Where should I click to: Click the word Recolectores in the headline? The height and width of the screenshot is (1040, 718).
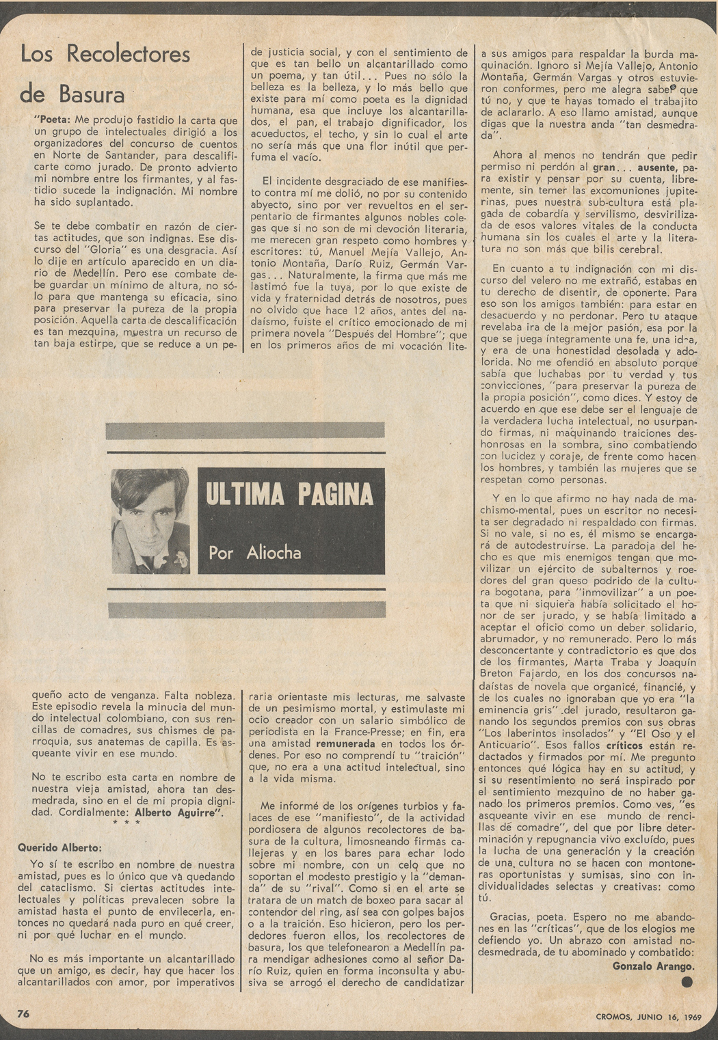[128, 55]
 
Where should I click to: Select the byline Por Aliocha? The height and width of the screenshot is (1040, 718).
[255, 552]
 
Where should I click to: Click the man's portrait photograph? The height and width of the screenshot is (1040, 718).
[150, 521]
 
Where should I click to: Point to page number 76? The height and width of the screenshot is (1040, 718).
[23, 1013]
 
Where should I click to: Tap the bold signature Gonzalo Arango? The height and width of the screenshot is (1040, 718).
[653, 966]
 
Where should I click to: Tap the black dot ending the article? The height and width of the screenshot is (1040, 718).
[687, 982]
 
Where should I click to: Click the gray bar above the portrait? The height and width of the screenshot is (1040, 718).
[245, 431]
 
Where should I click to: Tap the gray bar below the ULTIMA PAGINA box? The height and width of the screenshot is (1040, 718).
[245, 610]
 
